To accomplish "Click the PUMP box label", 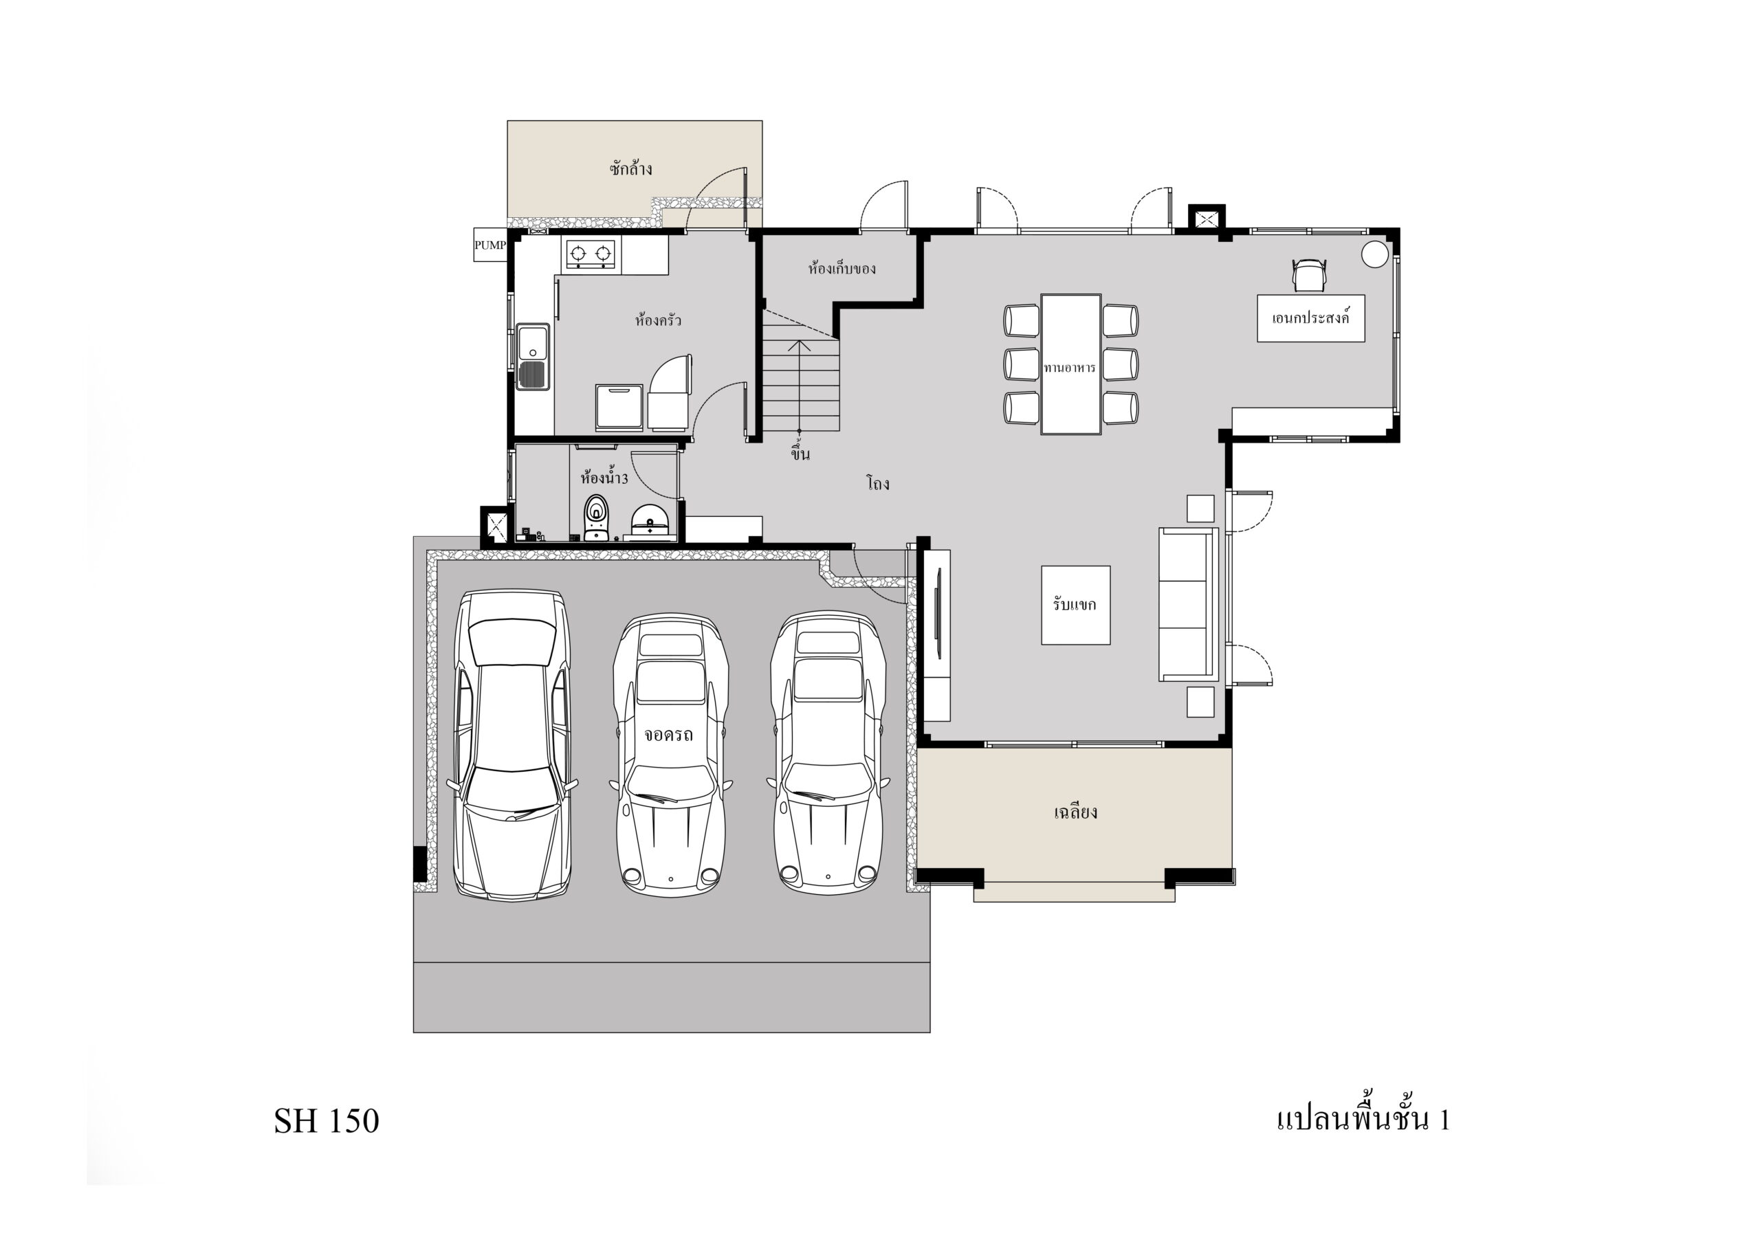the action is pos(489,245).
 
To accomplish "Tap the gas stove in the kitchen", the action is pos(591,253).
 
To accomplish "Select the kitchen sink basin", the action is pos(533,357).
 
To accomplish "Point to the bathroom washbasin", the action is pos(650,521).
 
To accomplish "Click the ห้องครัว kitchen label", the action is pos(658,320).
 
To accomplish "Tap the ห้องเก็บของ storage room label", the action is pos(841,268).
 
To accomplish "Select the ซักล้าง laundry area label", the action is pos(631,168).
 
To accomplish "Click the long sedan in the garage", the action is pos(513,744).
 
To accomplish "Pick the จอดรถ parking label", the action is pos(668,734).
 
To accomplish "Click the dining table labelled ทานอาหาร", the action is pos(1071,364).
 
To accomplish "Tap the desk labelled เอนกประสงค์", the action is pos(1311,318).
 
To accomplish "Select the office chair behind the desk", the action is pos(1309,274).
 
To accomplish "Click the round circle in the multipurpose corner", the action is pos(1375,254).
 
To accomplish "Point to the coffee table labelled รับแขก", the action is pos(1075,605).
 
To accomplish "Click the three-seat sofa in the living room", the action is pos(1187,604).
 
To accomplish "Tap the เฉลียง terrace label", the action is pos(1075,812).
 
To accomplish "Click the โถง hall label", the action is pos(878,483).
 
